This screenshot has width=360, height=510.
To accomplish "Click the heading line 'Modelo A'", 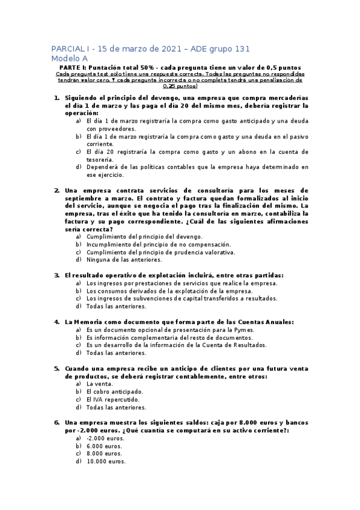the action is click(70, 58).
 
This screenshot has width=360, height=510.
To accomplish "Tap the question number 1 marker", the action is click(56, 97).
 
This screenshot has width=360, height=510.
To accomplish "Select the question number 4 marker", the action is click(56, 322).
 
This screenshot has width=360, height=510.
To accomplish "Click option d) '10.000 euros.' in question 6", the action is click(106, 462).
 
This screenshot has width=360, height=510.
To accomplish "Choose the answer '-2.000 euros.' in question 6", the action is click(105, 438).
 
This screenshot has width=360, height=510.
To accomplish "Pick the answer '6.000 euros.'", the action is click(105, 446).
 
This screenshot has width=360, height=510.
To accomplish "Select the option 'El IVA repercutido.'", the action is click(114, 399).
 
